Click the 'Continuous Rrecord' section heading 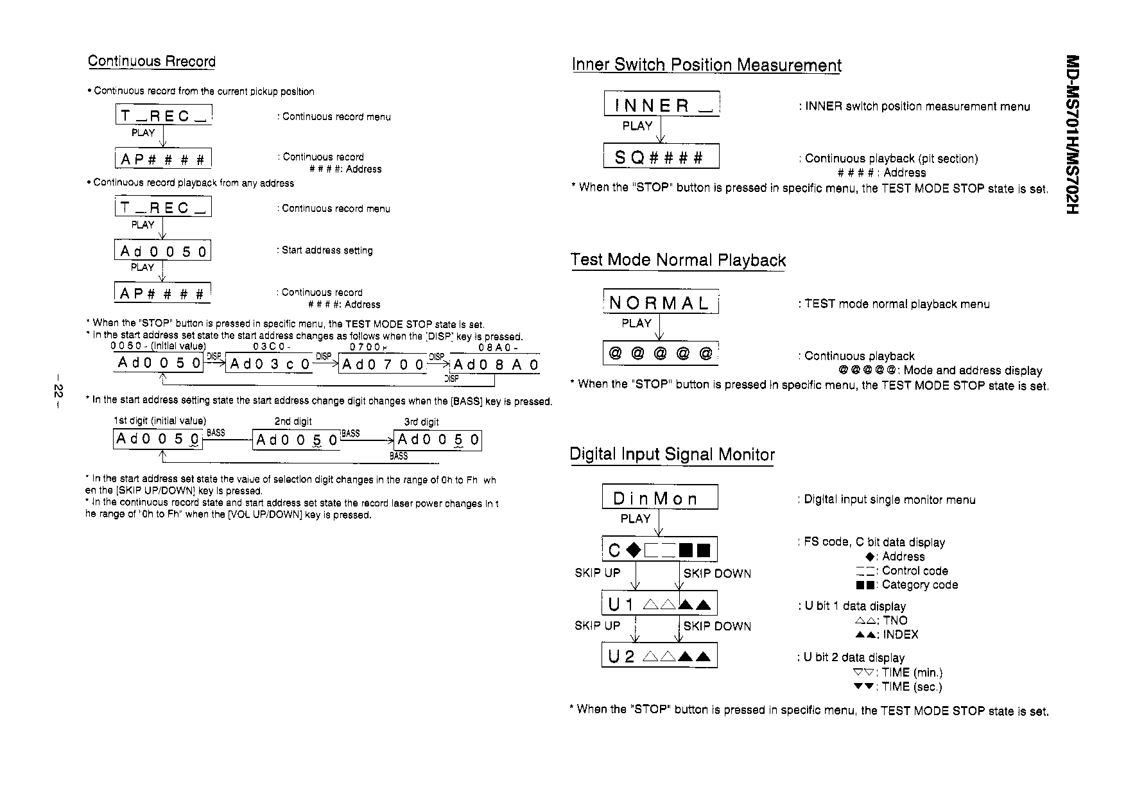152,62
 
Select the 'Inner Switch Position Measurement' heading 706,65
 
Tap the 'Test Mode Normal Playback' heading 678,260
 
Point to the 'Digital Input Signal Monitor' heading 672,454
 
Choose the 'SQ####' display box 661,157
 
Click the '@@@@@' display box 660,354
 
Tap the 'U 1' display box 659,604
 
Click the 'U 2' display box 659,656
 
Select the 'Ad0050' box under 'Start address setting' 163,251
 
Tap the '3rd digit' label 421,422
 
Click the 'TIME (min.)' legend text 912,673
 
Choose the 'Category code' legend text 919,585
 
